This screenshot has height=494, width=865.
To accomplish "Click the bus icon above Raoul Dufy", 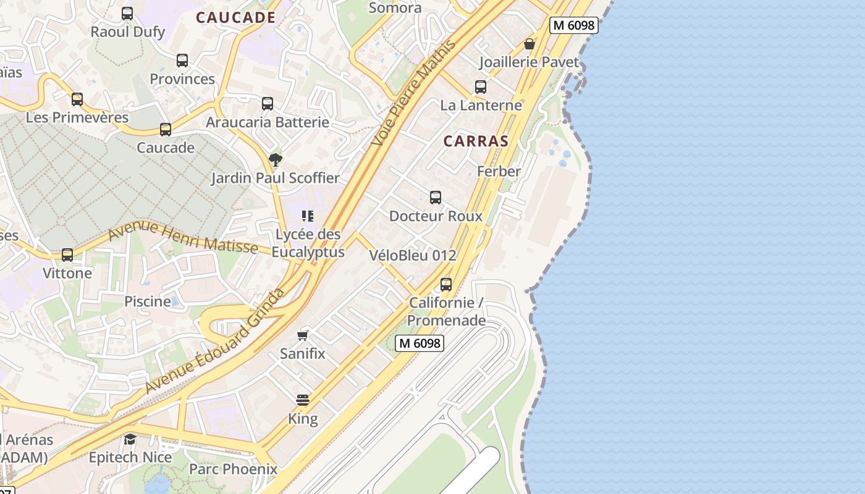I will pos(127,13).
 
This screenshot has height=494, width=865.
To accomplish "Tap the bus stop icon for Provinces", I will pos(182,61).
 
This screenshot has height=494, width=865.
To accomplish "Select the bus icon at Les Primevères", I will pos(77,99).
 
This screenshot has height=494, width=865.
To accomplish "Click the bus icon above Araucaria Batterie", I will pos(268,104).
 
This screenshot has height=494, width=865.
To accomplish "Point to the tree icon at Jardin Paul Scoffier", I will pos(276,160).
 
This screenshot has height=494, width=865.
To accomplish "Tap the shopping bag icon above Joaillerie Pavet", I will pos(530,44).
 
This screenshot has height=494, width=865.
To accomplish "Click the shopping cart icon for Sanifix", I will pos(303,335).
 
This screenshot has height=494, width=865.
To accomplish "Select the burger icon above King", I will pos(303,400).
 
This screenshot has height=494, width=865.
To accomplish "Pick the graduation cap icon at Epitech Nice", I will pos(130,439).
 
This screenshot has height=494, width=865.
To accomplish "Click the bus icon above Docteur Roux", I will pos(436,198).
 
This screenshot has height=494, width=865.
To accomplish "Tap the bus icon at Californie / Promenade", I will pos(446,285).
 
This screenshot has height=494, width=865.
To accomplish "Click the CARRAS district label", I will pos(476,141).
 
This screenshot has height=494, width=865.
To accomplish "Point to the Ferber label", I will pos(499,171).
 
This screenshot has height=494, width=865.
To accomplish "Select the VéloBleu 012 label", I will pos(413,255).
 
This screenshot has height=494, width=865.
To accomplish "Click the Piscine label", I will pos(148,301).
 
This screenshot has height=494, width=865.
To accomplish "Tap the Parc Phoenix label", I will pos(233,469).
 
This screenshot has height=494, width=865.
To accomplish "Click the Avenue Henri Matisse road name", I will pos(183,237).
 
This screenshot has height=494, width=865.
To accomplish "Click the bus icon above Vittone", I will pos(67,254).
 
